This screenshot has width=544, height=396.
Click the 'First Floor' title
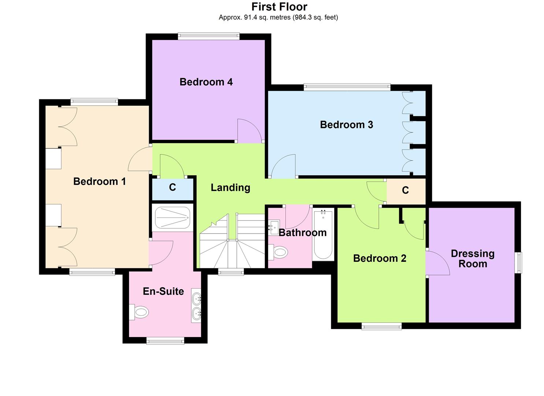pyautogui.click(x=279, y=7)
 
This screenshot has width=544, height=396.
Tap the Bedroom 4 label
pyautogui.click(x=206, y=82)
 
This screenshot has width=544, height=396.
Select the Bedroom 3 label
pyautogui.click(x=346, y=125)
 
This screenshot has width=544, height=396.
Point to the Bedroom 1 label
pyautogui.click(x=99, y=181)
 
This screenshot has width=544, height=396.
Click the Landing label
pyautogui.click(x=230, y=188)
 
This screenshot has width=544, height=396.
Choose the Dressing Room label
pyautogui.click(x=473, y=258)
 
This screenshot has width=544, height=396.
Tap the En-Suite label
pyautogui.click(x=163, y=291)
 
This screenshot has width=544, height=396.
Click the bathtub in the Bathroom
pyautogui.click(x=323, y=234)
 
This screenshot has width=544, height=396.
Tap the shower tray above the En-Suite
pyautogui.click(x=173, y=218)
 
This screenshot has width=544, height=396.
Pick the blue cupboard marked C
pyautogui.click(x=173, y=188)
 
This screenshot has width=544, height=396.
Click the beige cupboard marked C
pyautogui.click(x=406, y=190)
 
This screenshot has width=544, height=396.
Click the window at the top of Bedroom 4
pyautogui.click(x=208, y=36)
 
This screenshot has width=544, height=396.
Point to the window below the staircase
pyautogui.click(x=231, y=272)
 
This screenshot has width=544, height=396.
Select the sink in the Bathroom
pyautogui.click(x=274, y=227)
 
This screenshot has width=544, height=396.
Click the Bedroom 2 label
pyautogui.click(x=380, y=258)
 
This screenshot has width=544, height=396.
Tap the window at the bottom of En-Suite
pyautogui.click(x=165, y=341)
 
